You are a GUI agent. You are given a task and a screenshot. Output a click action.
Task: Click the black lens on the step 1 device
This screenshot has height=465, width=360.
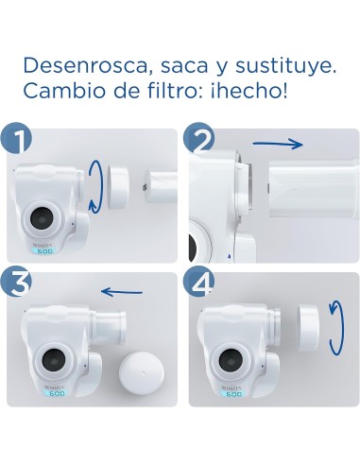click(x=41, y=217)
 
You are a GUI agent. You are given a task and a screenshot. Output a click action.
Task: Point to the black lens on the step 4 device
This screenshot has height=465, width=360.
click(x=230, y=360)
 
